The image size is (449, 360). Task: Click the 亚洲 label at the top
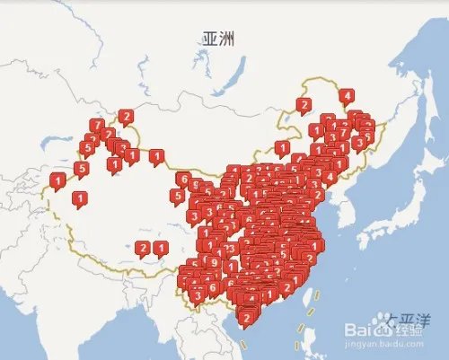point(217,39)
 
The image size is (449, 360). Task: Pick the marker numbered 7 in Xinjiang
point(97,126)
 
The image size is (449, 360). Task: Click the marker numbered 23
point(231,248)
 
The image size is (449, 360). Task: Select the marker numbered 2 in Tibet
point(142,248)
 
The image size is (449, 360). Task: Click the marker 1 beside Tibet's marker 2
point(160,248)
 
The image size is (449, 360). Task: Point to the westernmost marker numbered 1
point(57,180)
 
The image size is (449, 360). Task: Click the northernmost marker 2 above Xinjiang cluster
point(126,116)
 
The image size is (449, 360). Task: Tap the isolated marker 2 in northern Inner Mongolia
point(304,105)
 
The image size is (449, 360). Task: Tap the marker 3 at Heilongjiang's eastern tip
point(359,141)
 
